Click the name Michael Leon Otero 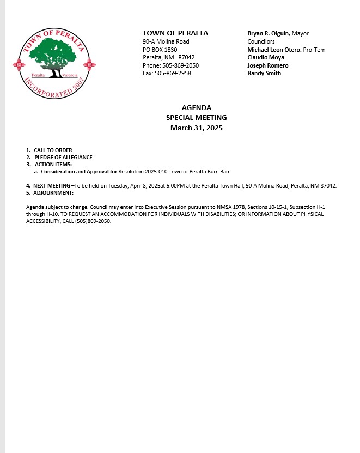(274, 50)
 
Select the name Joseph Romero (268, 65)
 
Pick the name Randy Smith (264, 73)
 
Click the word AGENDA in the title (197, 108)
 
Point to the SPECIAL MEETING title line (197, 118)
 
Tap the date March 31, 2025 (197, 128)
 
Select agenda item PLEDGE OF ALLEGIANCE (63, 158)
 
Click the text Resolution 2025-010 (143, 172)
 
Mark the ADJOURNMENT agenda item (53, 193)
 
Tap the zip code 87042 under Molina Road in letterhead (186, 57)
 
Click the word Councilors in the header (261, 41)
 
